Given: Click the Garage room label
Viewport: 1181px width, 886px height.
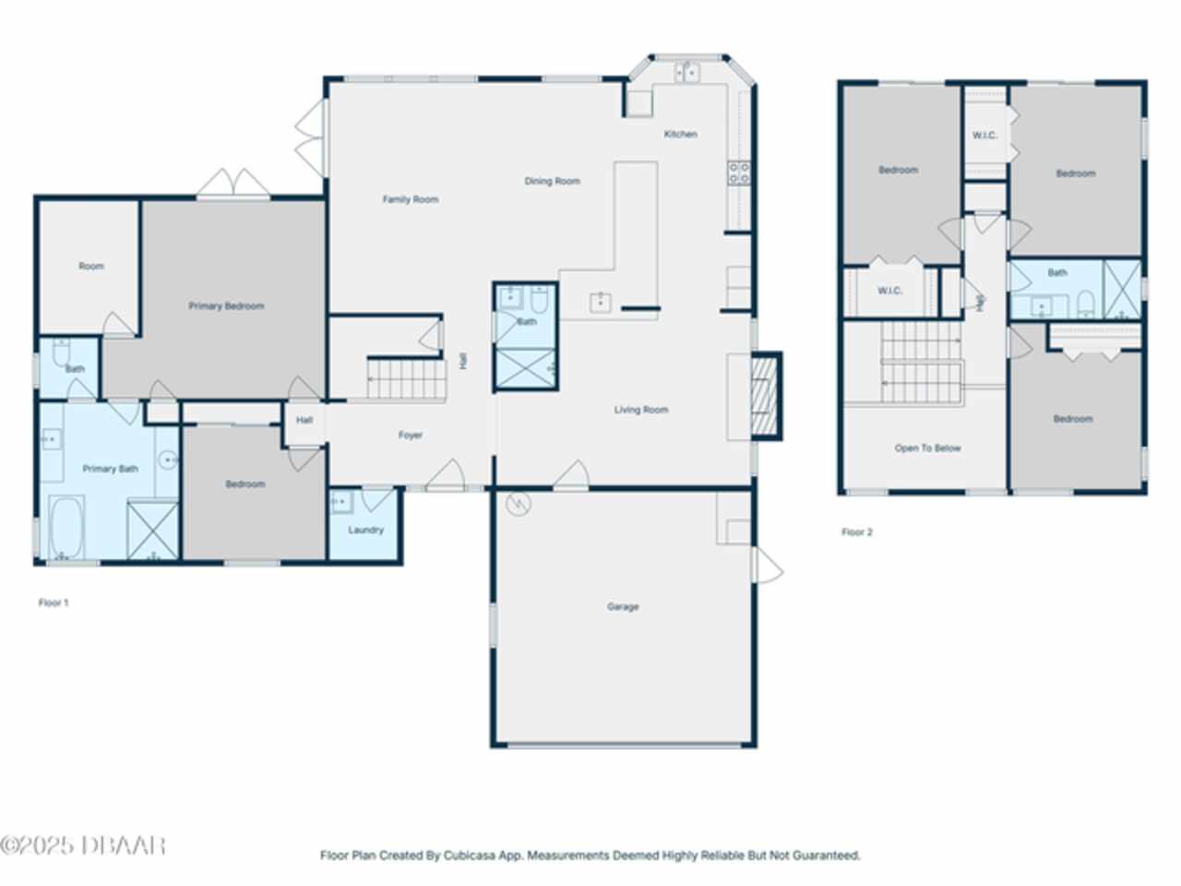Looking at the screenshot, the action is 623,606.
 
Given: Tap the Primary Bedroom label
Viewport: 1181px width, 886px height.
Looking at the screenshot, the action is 226,306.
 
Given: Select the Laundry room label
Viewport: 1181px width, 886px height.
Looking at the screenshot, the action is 365,530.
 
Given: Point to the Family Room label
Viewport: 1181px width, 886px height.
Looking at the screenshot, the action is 410,199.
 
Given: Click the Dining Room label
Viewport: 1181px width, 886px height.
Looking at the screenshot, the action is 552,181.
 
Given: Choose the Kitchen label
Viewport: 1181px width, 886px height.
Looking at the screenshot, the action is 681,134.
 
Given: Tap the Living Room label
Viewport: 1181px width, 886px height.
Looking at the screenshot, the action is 641,410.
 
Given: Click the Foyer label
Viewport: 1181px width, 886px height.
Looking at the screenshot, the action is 410,436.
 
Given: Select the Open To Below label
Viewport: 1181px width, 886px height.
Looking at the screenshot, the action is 927,449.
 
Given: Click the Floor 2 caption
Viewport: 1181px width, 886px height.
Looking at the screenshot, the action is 857,532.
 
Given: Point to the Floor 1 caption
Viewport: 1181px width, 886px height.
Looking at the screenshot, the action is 54,603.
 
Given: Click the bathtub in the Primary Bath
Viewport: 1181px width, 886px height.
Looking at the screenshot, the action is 66,527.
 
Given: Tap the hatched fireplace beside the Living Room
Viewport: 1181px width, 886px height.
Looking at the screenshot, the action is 765,397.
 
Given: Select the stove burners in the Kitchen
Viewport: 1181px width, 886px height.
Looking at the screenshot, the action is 739,174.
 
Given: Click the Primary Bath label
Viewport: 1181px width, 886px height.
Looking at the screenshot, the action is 111,469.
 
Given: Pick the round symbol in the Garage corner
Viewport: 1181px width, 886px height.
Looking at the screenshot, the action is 519,504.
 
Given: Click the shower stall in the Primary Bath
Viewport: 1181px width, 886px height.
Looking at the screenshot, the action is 153,531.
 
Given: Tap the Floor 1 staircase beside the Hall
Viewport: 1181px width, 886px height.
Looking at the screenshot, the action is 407,379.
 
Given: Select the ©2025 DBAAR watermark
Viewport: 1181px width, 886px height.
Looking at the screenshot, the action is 82,845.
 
